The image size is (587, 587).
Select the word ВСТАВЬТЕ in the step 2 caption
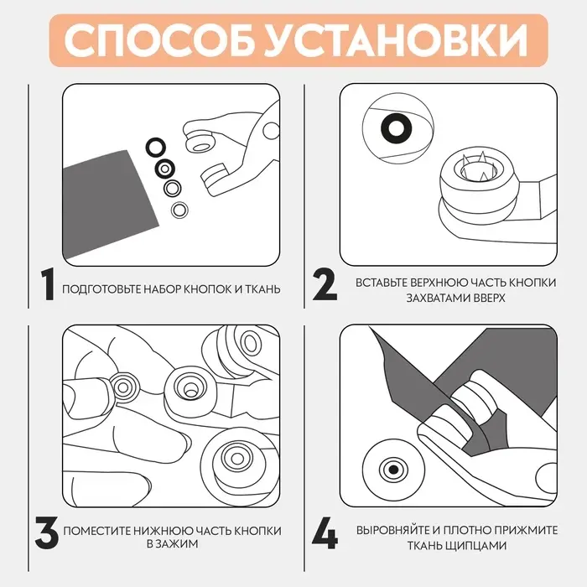point(384,283)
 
